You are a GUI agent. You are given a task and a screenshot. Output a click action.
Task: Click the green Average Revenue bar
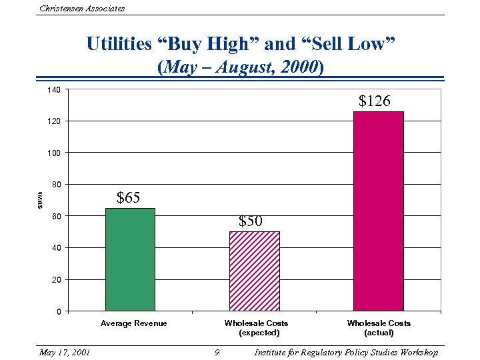pyautogui.click(x=130, y=259)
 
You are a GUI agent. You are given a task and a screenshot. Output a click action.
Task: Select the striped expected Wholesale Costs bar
pyautogui.click(x=254, y=271)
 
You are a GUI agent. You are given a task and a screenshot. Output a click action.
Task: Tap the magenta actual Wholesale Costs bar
pyautogui.click(x=379, y=211)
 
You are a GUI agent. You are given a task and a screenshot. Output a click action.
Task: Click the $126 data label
pyautogui.click(x=375, y=101)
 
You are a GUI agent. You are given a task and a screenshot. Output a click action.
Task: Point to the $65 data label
pyautogui.click(x=128, y=197)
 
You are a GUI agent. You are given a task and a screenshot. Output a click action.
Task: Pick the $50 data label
pyautogui.click(x=251, y=221)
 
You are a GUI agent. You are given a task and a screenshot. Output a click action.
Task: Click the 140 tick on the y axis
pyautogui.click(x=53, y=89)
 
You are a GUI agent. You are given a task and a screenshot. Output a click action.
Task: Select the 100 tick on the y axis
pyautogui.click(x=53, y=153)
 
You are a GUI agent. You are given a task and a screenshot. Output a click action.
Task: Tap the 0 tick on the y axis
pyautogui.click(x=58, y=311)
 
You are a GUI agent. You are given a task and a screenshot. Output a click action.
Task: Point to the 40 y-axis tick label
pyautogui.click(x=55, y=248)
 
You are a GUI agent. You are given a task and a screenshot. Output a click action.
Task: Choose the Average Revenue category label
pyautogui.click(x=133, y=323)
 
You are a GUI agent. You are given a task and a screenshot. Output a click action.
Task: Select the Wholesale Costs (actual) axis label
pyautogui.click(x=379, y=327)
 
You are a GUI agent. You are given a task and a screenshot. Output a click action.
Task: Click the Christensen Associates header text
pyautogui.click(x=82, y=8)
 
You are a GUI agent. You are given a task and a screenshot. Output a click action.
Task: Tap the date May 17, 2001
pyautogui.click(x=65, y=352)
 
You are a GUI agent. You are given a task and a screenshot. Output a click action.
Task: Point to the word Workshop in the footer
pyautogui.click(x=417, y=352)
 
